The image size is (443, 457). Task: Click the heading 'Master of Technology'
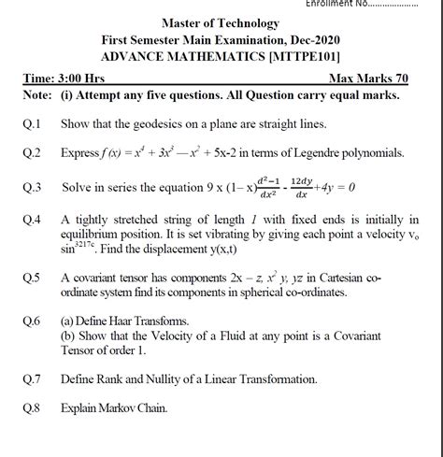click(221, 23)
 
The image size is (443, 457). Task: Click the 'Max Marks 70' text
click(373, 79)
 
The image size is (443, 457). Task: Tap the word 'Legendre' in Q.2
click(324, 152)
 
